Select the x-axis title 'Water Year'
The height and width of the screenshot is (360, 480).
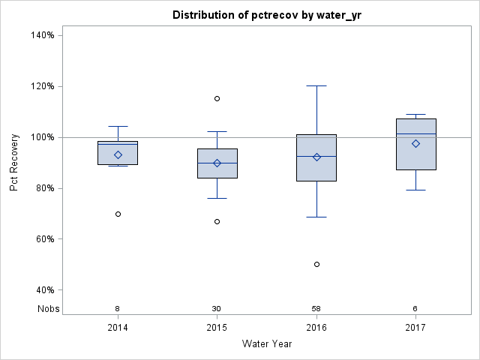click(267, 344)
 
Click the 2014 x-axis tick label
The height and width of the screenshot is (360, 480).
click(118, 328)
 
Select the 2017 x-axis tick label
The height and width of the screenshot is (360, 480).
click(415, 328)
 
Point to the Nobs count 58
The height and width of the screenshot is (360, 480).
click(316, 309)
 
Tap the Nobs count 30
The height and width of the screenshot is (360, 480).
click(217, 309)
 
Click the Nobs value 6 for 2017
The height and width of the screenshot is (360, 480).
click(415, 309)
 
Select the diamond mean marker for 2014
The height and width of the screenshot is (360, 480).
click(118, 154)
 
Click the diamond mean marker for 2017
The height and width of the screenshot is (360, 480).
click(415, 143)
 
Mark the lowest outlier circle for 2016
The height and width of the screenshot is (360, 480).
click(316, 264)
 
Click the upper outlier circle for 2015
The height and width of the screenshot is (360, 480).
click(217, 98)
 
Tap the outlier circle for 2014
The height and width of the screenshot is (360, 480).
click(118, 214)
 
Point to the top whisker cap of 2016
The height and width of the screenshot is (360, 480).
click(316, 85)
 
